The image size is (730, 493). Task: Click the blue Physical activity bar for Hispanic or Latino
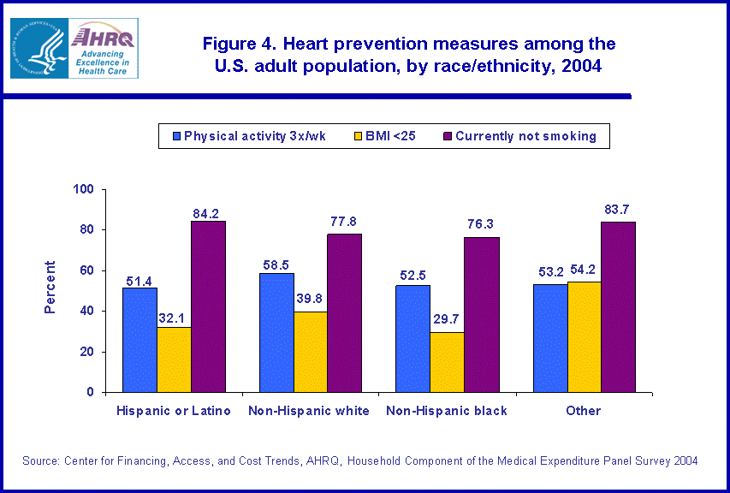coord(139,340)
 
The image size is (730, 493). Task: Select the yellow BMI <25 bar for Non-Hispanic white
coord(310,352)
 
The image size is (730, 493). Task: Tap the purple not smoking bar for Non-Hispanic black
coord(481,315)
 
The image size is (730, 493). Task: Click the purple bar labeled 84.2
coord(208,306)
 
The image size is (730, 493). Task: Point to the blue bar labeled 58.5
coord(276,333)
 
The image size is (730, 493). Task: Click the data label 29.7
coord(446,318)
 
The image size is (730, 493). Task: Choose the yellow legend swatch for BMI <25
coord(358,135)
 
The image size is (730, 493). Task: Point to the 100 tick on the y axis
coord(86,189)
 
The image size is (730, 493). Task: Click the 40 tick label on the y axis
coord(89,312)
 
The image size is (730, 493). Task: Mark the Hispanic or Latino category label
coord(174,411)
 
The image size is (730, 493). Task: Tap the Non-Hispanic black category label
coord(447,411)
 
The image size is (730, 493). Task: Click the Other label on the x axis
coord(584,411)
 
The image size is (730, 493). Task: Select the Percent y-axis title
coord(50,287)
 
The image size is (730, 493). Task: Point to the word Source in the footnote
coord(40,460)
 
